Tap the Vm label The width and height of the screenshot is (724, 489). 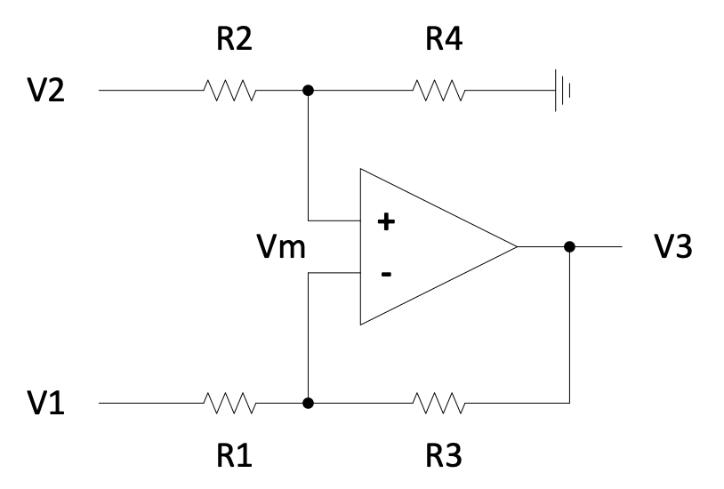tap(281, 248)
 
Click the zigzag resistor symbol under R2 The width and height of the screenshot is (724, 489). tap(230, 91)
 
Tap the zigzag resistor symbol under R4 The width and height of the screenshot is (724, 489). tap(438, 91)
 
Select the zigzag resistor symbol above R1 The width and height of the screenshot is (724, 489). tap(230, 404)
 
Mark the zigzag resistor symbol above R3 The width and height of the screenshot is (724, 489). tap(438, 404)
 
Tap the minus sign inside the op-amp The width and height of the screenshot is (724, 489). tap(386, 274)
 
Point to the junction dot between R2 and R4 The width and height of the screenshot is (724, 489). tap(308, 91)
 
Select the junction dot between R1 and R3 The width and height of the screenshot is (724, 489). tap(308, 404)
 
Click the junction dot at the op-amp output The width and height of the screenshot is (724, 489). tap(569, 246)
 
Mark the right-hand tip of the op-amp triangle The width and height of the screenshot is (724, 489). tap(516, 246)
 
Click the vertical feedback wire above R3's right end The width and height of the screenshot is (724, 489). tap(569, 329)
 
